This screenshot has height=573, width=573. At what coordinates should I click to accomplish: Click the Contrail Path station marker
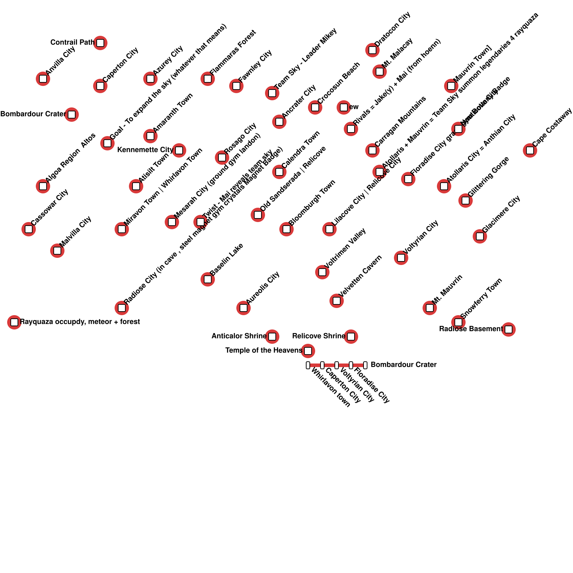click(x=100, y=43)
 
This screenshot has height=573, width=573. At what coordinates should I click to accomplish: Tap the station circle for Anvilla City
click(x=43, y=79)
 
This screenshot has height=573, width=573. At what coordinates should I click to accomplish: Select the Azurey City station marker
click(x=150, y=79)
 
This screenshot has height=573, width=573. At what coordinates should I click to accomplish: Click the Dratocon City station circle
click(x=372, y=50)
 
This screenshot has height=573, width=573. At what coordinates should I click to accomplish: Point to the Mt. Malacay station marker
click(x=380, y=72)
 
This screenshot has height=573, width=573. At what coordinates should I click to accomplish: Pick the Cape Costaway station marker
click(x=530, y=150)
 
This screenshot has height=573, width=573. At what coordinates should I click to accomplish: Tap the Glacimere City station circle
click(x=480, y=236)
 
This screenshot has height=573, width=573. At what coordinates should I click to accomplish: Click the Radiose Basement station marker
click(x=509, y=329)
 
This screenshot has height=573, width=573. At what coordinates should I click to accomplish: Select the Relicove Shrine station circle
click(x=351, y=337)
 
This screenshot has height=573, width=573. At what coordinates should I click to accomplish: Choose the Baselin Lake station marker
click(x=208, y=279)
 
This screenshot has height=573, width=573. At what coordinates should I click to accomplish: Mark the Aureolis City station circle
click(x=244, y=308)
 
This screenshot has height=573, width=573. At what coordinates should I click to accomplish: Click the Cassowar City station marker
click(x=29, y=229)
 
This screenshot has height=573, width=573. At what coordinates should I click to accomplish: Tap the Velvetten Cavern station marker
click(x=337, y=301)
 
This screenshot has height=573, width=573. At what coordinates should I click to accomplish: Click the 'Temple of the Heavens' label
click(x=264, y=350)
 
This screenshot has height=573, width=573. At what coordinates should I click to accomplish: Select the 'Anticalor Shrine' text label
click(x=239, y=336)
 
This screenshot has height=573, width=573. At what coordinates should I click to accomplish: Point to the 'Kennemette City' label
click(x=145, y=150)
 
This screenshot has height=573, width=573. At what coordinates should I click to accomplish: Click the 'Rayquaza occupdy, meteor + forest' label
click(x=80, y=322)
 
